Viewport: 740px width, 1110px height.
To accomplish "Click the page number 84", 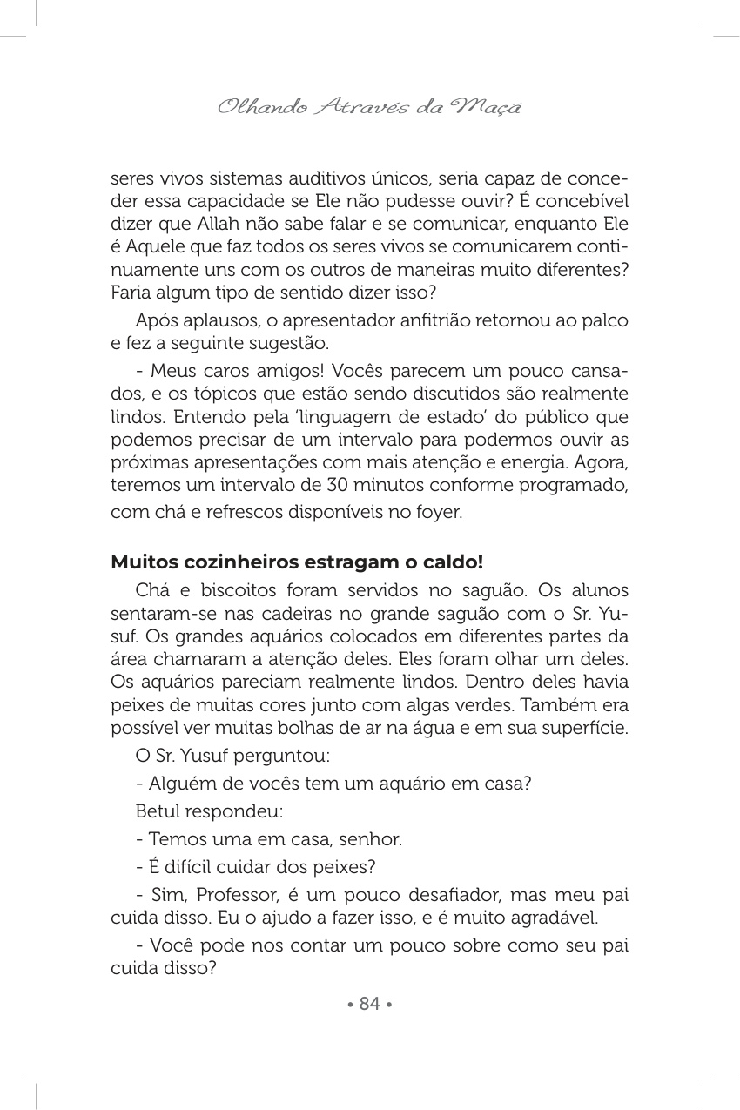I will (370, 1004).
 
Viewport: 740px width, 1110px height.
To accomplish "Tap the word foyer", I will (437, 513).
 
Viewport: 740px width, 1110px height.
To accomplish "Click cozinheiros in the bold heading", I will (221, 562).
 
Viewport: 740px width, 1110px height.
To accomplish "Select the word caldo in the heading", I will (454, 562).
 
